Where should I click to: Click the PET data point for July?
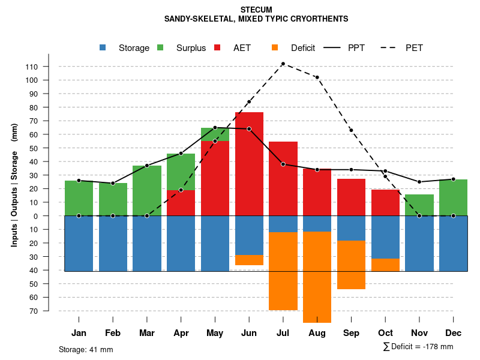coord(283,64)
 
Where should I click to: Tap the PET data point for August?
coord(317,77)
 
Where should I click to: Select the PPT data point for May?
coord(215,128)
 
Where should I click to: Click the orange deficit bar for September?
coord(351,265)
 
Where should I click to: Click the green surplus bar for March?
coord(147,191)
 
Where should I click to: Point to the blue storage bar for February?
coord(113,243)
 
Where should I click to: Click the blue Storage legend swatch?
coord(103,48)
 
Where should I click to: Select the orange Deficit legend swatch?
coord(275,48)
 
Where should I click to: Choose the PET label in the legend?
coord(414,48)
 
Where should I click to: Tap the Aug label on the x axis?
coord(317,333)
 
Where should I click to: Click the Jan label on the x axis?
coord(79,333)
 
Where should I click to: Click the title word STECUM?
coord(256,10)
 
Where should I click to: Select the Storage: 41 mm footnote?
coord(86,349)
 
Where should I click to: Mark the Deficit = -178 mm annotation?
coord(418,347)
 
